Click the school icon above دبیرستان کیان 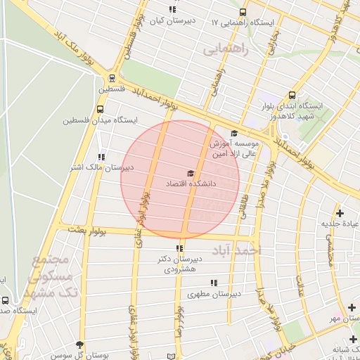point(173,9)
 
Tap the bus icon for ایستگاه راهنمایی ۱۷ point(243,12)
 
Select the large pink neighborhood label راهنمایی point(226,50)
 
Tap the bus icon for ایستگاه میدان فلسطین point(101,109)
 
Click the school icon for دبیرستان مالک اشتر point(102,157)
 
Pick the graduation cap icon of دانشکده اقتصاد point(189,173)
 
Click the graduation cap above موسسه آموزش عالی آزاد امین point(234,133)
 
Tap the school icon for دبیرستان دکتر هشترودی point(179,247)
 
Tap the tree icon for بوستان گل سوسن point(79,345)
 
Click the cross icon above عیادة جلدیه point(340,212)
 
